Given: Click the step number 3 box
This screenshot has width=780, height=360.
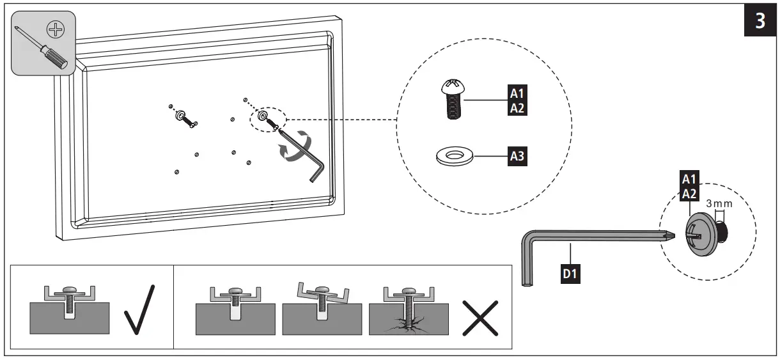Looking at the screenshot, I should [x=760, y=21].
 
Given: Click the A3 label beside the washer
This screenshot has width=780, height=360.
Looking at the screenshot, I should [x=517, y=155].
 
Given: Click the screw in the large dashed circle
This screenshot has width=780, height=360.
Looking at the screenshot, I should [x=452, y=100].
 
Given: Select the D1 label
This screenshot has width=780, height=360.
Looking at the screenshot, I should [x=571, y=274].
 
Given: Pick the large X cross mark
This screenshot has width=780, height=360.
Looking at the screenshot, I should [x=480, y=315].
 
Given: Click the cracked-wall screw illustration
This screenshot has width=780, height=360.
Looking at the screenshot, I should [x=407, y=311].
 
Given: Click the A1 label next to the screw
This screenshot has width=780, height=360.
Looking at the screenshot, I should [x=517, y=93].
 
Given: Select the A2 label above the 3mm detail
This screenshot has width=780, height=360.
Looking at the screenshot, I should [x=688, y=193].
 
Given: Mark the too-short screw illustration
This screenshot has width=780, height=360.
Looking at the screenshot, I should [x=235, y=309].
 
